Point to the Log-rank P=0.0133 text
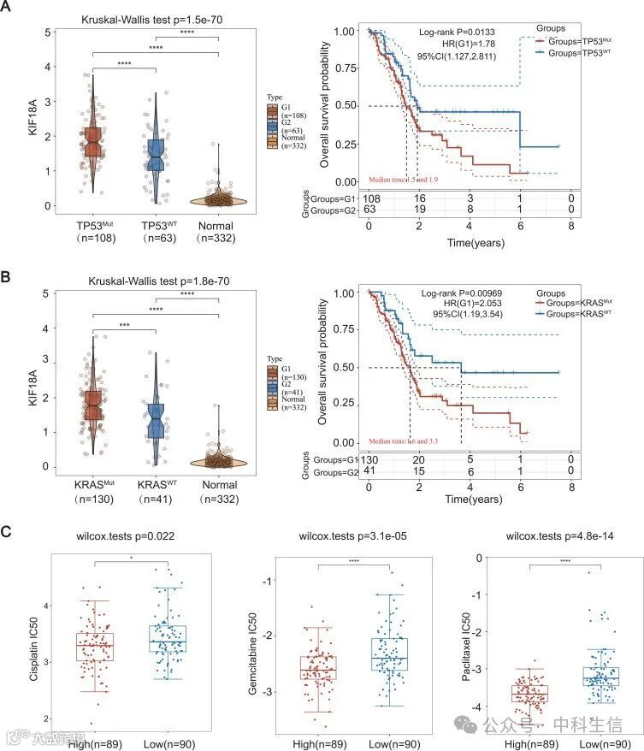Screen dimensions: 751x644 pos(457,32)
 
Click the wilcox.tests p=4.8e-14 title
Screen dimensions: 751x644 pos(543,536)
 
